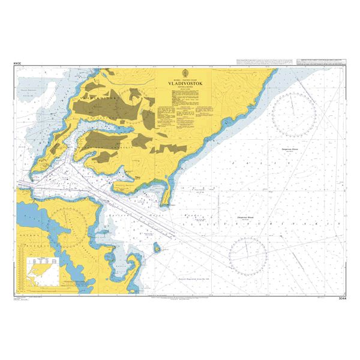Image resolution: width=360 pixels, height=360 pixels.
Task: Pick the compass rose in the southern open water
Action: [x=248, y=254]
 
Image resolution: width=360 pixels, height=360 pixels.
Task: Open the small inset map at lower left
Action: [x=41, y=268]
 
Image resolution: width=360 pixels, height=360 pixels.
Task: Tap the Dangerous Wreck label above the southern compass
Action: [x=239, y=219]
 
